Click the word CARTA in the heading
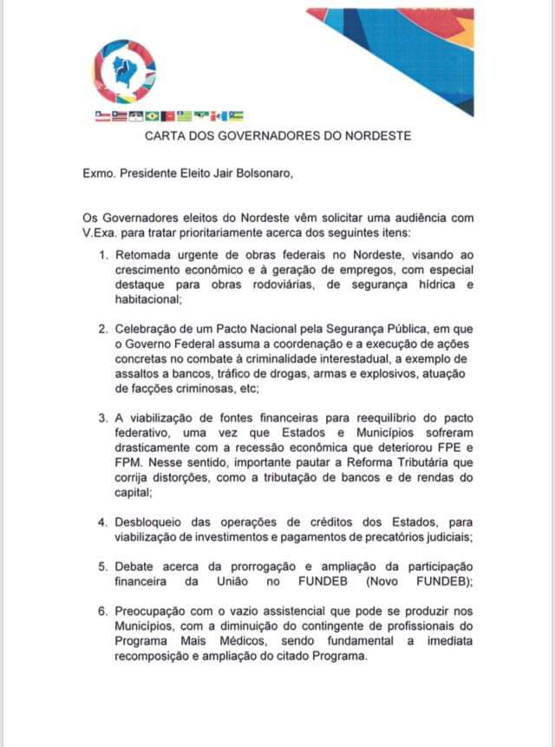[x=166, y=136]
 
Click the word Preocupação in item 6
[x=160, y=613]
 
